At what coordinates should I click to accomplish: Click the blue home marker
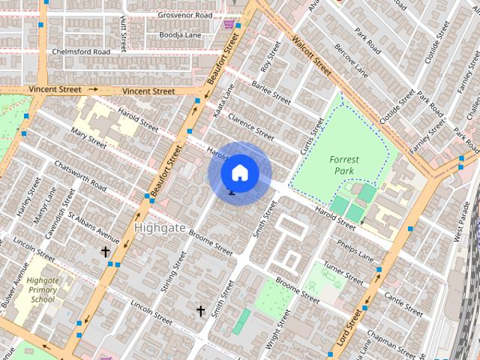coord(239,172)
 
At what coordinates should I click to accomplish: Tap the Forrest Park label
coord(344,165)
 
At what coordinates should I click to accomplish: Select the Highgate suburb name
coord(160,226)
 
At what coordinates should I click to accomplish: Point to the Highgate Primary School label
coord(43,289)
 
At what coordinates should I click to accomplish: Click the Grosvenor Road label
coord(185,15)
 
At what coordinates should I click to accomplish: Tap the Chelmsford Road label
coord(81,52)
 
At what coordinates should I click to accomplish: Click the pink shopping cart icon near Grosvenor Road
coord(227,25)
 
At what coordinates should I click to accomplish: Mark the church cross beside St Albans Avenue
coord(106,252)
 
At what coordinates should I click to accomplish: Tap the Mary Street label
coord(88,139)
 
